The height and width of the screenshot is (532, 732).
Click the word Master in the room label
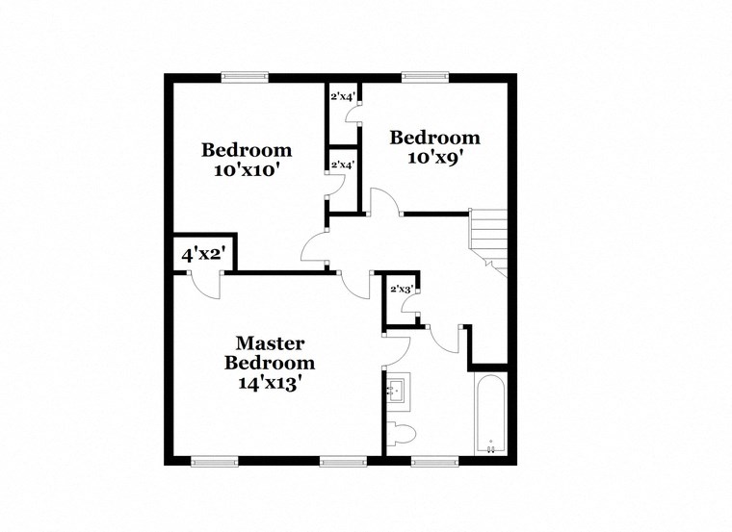(270, 343)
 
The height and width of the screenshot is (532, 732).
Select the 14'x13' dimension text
(270, 382)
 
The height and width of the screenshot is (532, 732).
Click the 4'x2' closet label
(203, 256)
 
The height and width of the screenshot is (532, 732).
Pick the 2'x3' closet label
(401, 289)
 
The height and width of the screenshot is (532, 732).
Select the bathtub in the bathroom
(490, 414)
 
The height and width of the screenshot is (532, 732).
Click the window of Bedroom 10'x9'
(426, 78)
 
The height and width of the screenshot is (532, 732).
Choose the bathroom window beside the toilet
(435, 462)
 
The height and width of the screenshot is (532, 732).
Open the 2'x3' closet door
(411, 309)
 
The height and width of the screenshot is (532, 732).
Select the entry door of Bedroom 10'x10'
(315, 249)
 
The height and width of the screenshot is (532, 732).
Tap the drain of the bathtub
(490, 446)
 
